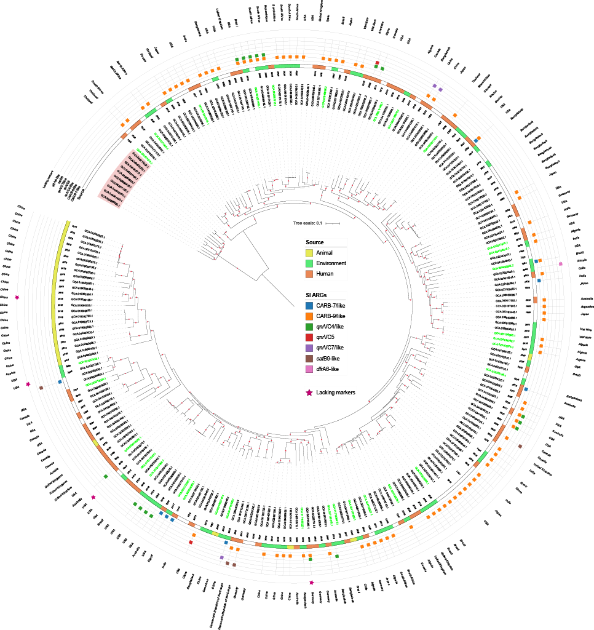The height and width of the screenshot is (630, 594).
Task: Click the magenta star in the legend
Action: coord(311,392)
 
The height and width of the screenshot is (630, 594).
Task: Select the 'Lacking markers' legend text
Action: coord(342,392)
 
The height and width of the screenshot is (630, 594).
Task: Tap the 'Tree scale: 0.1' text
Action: coord(309,223)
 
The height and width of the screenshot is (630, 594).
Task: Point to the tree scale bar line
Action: coord(333,223)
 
